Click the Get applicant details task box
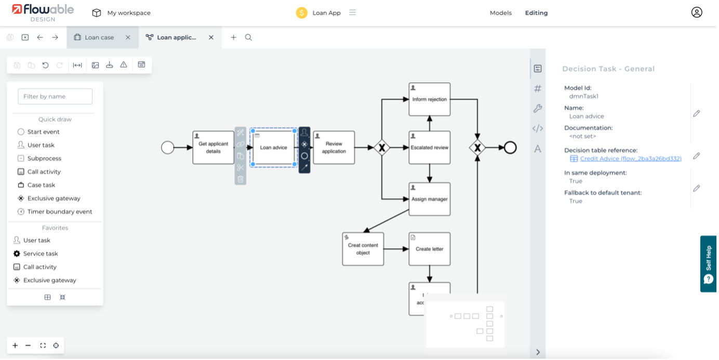click(213, 148)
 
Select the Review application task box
click(334, 148)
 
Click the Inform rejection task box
click(429, 99)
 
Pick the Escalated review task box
click(429, 148)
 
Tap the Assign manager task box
click(429, 199)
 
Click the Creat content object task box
click(363, 249)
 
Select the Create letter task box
click(429, 249)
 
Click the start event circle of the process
click(167, 148)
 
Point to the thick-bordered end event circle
click(510, 148)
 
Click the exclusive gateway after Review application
click(382, 148)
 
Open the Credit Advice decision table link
click(630, 158)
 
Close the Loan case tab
click(128, 37)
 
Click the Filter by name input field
click(55, 96)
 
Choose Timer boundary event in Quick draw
click(60, 211)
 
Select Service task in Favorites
click(41, 254)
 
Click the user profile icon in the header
click(697, 12)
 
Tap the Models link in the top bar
click(500, 13)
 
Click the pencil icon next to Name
click(697, 113)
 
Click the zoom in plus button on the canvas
click(15, 345)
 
